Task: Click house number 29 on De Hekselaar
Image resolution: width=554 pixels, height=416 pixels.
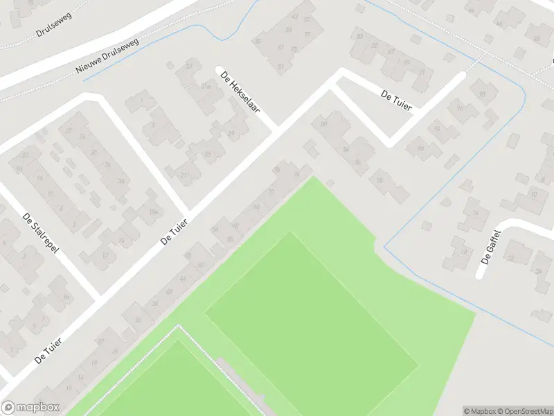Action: [231, 134]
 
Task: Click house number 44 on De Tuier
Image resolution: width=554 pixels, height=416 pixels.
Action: [183, 279]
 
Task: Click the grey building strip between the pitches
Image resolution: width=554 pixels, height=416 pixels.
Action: [242, 385]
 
